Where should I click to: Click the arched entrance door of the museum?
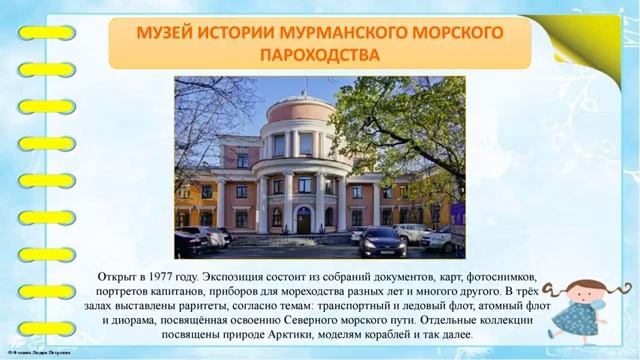click(304, 221)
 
